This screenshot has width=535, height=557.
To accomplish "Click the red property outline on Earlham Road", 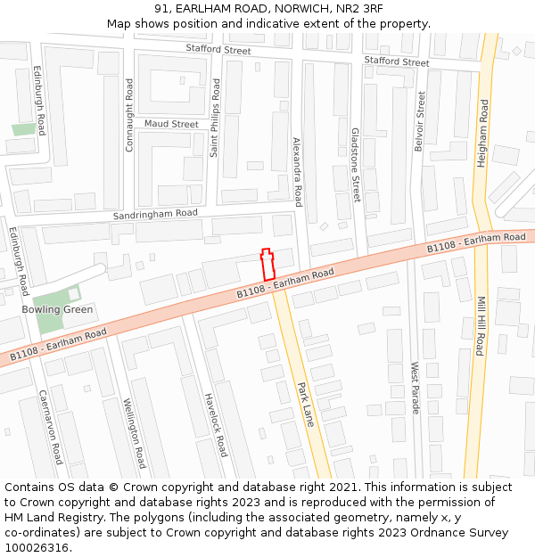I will [x=266, y=265].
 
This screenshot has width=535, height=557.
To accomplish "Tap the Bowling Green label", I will [x=58, y=310].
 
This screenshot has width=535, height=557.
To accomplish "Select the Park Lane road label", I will [x=305, y=404].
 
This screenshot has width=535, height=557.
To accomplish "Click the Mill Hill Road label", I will [x=480, y=326].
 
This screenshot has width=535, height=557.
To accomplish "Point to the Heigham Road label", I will [x=483, y=134].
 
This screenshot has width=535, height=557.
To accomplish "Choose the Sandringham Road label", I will [x=156, y=214].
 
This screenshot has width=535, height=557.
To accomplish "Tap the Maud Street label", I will [x=171, y=124].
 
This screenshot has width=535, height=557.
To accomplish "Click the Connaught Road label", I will [x=129, y=115].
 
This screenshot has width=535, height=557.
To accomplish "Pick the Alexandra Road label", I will [x=298, y=171].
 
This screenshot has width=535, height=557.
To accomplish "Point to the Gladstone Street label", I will [x=356, y=164].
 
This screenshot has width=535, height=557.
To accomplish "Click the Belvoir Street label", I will [x=420, y=121].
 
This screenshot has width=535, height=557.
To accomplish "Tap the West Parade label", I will [x=415, y=389].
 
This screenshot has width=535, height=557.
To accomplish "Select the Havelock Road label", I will [x=216, y=424].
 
